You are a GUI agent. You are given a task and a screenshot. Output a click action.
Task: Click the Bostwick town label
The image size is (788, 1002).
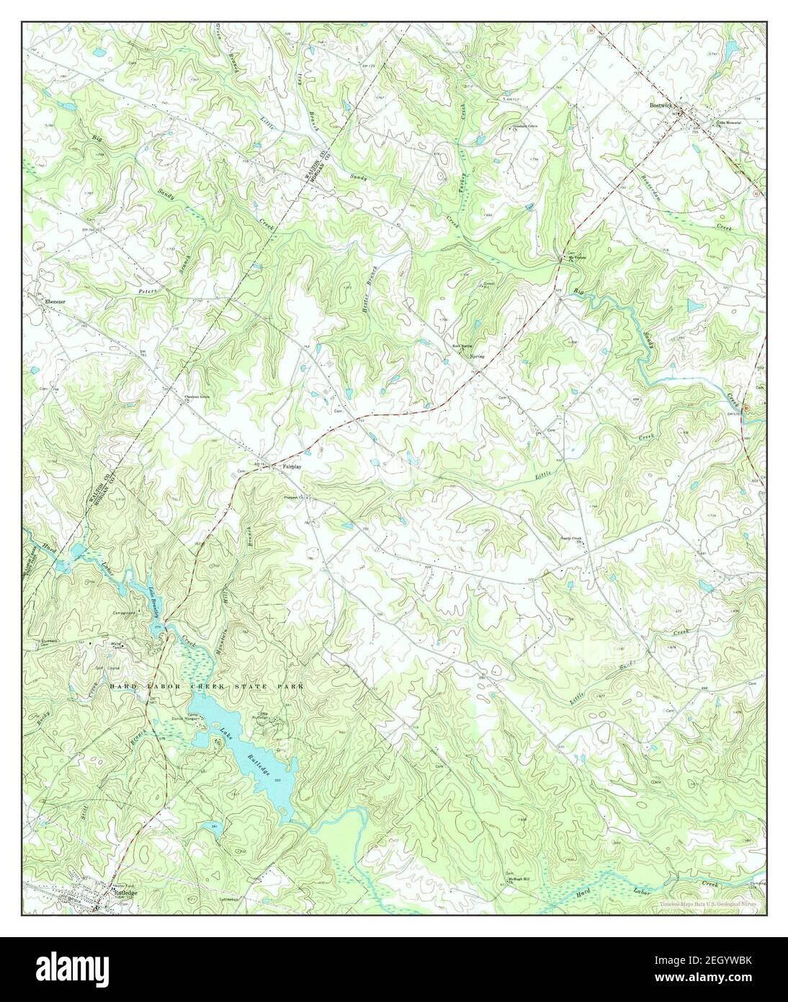point(660,105)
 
